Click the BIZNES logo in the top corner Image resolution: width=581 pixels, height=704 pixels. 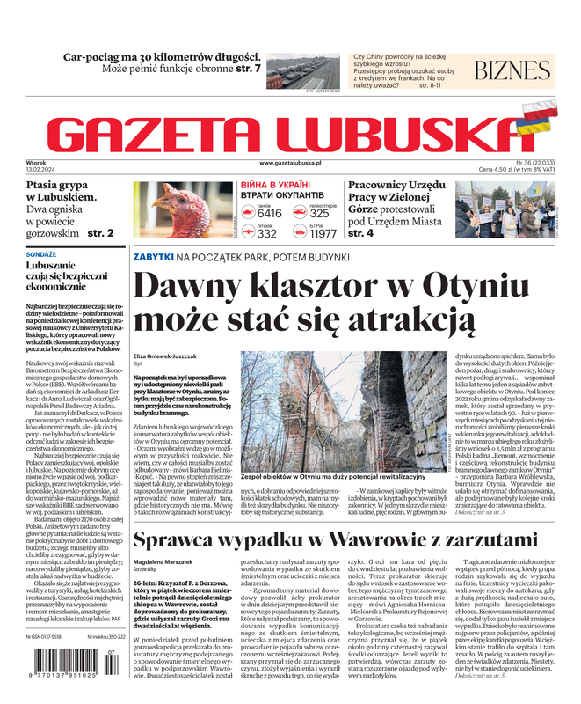coord(512,71)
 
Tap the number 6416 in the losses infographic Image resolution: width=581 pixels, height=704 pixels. coord(269,213)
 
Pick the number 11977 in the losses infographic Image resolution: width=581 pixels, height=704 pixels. coord(323,233)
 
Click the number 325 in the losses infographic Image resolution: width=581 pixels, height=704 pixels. coord(320,213)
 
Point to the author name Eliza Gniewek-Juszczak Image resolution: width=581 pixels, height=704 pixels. coord(166,356)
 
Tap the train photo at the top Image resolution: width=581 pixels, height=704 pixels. coord(302,72)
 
